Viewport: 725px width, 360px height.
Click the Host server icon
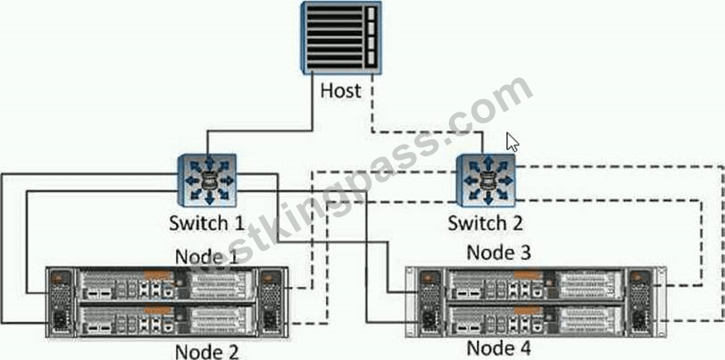341,38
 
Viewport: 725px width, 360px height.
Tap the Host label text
341,90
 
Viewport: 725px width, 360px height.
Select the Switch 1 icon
208,180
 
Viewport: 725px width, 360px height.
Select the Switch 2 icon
486,180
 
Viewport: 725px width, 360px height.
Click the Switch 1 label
206,223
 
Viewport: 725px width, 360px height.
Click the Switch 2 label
485,223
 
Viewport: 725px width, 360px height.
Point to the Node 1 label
206,255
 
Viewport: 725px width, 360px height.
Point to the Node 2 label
206,351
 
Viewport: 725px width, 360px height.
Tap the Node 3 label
499,253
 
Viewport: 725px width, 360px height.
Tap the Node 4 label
499,347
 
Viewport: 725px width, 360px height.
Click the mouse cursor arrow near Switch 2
512,142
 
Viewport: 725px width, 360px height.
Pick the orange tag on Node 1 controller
158,275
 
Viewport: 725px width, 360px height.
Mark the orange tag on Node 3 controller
528,275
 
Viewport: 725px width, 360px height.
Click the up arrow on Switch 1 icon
210,163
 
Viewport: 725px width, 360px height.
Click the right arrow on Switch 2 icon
506,180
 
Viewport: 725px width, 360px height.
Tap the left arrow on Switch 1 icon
190,180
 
